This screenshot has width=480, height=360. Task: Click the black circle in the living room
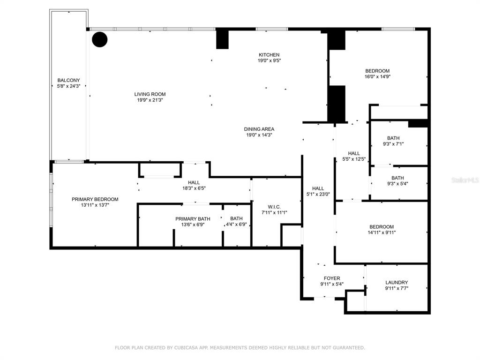point(100,39)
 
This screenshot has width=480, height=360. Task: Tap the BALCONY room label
point(68,80)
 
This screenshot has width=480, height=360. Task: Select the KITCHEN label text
point(269,55)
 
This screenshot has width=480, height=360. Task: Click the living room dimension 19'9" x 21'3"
point(150,100)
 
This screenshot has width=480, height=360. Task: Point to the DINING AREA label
point(259,129)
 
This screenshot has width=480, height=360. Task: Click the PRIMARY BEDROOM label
point(95,199)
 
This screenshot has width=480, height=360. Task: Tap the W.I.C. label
point(274,207)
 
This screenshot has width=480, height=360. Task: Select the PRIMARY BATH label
point(193,219)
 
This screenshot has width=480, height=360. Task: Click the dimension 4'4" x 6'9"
point(236,225)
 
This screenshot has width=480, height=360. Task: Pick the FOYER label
point(332,278)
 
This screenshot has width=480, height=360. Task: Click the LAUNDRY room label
point(397,283)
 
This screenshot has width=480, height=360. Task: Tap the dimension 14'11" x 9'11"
point(382,232)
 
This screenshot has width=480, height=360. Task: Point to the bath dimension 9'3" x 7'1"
point(393,144)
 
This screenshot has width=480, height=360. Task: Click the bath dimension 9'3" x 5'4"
point(397,184)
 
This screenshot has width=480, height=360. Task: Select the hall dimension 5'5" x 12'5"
point(354,159)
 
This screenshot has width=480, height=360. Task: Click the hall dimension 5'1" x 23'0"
point(318,194)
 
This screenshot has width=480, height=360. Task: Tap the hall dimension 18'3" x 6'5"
point(194,188)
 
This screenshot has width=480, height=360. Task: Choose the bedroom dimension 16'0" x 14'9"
point(377,77)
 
